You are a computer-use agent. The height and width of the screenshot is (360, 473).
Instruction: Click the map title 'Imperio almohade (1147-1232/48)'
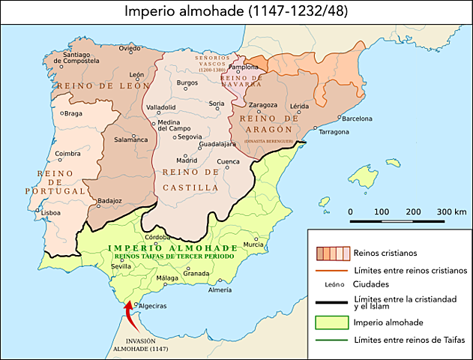coord(236,11)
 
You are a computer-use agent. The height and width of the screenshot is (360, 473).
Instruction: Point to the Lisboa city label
coord(51,212)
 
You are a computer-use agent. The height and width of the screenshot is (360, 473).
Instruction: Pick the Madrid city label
coord(187,160)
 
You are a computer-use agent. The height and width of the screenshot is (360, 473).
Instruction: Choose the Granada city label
coord(196,273)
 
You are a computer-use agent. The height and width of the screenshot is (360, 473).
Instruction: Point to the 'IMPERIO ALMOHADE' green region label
coord(172,247)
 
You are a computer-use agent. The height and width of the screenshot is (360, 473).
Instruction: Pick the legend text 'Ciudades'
coord(371,284)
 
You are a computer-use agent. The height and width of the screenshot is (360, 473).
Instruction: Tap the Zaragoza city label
coord(262,105)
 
